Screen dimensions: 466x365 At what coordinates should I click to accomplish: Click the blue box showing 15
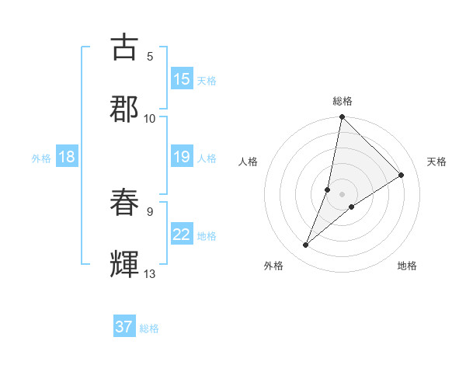(182, 79)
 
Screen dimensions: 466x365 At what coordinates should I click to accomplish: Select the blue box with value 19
(182, 158)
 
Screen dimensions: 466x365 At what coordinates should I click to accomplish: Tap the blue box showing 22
(182, 235)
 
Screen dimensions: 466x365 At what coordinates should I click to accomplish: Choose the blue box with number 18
(67, 158)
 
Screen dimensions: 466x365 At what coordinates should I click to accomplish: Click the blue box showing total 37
(124, 327)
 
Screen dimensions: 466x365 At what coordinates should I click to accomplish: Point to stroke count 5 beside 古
(150, 56)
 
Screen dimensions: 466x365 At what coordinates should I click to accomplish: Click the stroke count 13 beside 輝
(150, 274)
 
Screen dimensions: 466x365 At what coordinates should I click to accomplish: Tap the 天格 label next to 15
(207, 80)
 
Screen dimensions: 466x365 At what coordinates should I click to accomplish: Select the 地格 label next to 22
(207, 236)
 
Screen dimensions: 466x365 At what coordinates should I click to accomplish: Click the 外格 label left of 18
(41, 158)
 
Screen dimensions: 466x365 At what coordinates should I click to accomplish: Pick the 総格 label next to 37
(149, 328)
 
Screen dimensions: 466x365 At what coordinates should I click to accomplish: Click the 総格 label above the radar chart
(343, 101)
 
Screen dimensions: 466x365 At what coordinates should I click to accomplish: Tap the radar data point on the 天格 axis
(402, 176)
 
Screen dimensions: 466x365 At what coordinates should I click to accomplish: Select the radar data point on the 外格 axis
(306, 245)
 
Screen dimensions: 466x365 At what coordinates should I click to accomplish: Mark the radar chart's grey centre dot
(343, 194)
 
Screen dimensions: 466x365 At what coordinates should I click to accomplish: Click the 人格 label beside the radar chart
(249, 162)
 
